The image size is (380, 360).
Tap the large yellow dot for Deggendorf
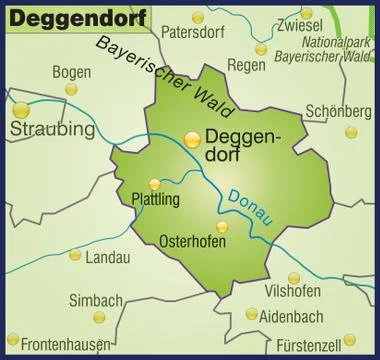[x=191, y=139]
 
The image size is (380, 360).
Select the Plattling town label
[x=156, y=199]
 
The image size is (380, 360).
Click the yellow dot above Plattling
[x=154, y=183]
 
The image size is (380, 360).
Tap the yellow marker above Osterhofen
[x=222, y=227]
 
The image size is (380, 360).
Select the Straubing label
[x=53, y=130]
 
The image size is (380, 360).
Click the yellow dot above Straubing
[x=22, y=108]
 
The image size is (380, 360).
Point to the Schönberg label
[x=339, y=111]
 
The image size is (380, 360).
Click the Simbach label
[x=96, y=300]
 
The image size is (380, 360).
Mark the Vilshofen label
[x=293, y=291]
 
